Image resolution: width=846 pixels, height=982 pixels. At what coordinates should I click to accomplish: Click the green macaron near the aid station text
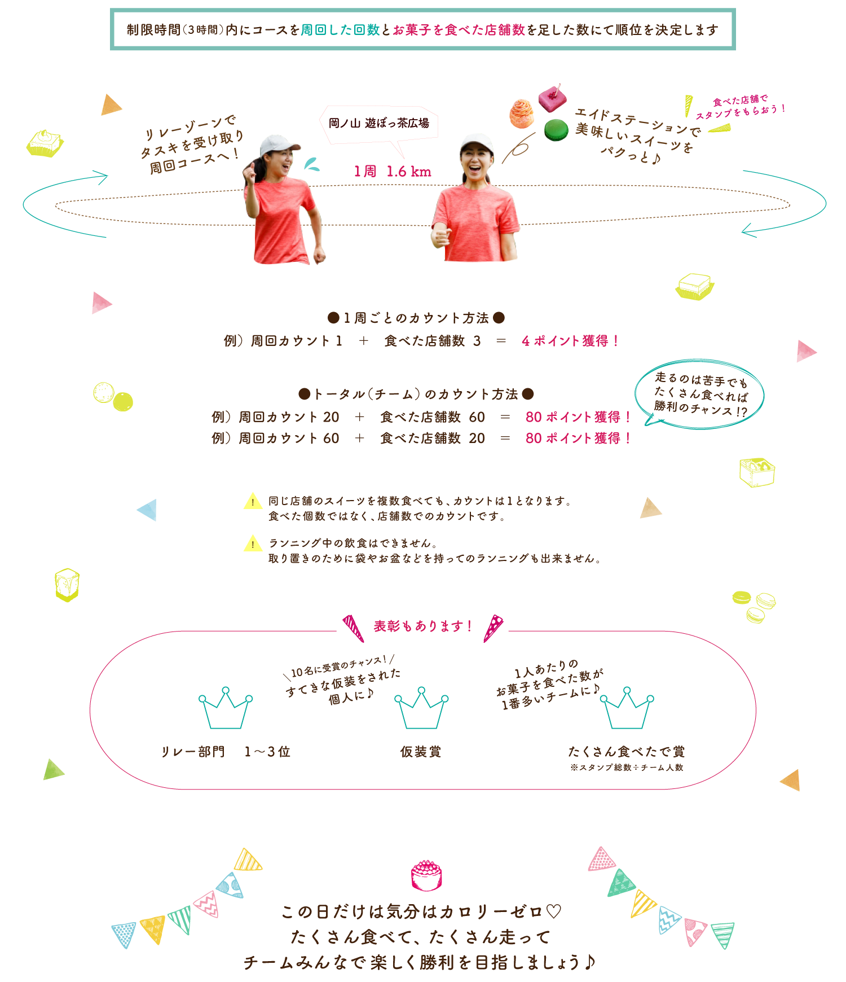pos(556,130)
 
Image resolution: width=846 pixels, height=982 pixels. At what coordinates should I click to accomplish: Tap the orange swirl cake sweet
pos(522,113)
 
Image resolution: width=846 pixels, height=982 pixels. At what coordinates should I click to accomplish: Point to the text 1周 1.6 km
pos(392,172)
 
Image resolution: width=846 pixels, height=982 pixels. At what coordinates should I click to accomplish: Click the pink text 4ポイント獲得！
pos(570,341)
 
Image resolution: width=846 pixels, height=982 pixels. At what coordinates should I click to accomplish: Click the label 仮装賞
pos(421,752)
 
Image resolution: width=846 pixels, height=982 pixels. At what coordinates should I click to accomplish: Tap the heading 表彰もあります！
pos(422,626)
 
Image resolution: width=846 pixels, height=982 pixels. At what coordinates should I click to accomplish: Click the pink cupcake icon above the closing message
pos(426,875)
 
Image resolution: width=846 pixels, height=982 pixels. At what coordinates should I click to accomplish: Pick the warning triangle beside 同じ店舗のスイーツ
pos(253,501)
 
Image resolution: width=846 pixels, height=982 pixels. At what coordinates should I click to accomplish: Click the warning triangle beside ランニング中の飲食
pos(253,543)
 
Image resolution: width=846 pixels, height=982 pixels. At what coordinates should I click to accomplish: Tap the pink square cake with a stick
pos(552,98)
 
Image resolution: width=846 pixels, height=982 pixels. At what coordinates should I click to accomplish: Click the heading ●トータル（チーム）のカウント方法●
pos(416,394)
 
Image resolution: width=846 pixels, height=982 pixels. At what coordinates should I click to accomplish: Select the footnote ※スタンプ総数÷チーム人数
pos(627,768)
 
